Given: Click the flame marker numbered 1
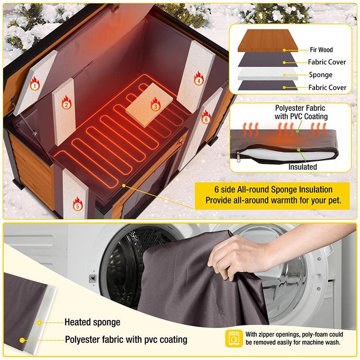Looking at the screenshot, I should pyautogui.click(x=34, y=83).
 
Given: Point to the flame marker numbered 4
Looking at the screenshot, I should pyautogui.click(x=198, y=79).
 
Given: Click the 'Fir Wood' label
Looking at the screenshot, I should pyautogui.click(x=321, y=50).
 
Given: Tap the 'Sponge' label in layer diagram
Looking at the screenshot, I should pyautogui.click(x=320, y=75).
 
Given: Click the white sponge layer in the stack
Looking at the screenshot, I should pyautogui.click(x=268, y=73).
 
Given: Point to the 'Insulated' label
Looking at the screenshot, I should pyautogui.click(x=302, y=167).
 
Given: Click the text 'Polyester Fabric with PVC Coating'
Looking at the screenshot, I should pyautogui.click(x=301, y=112).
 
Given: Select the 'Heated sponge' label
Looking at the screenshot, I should pyautogui.click(x=92, y=322).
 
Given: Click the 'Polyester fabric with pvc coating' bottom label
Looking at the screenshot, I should pyautogui.click(x=126, y=339).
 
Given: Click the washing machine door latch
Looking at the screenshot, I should pyautogui.click(x=92, y=278).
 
